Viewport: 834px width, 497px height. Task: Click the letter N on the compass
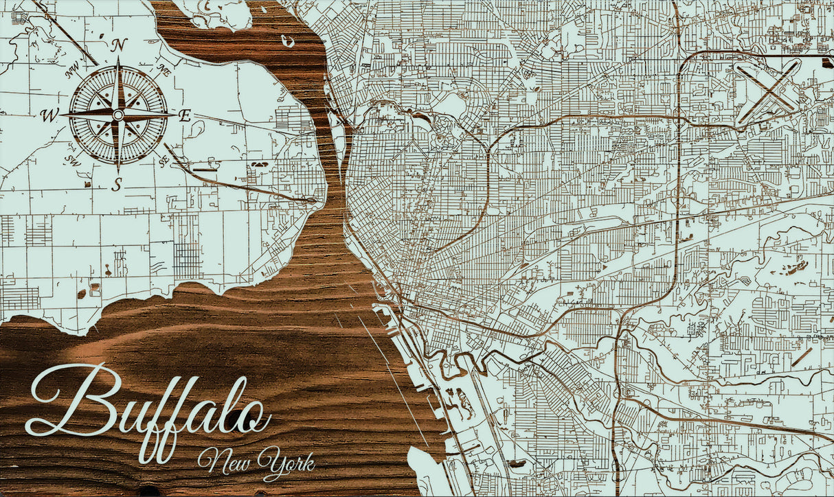[120, 46]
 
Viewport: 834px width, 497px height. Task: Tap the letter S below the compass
[117, 183]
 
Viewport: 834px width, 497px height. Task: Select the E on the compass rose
[185, 115]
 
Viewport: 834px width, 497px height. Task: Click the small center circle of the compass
[118, 115]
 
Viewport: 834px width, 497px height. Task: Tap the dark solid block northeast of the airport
[826, 62]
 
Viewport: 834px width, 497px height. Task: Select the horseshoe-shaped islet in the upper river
[288, 41]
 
